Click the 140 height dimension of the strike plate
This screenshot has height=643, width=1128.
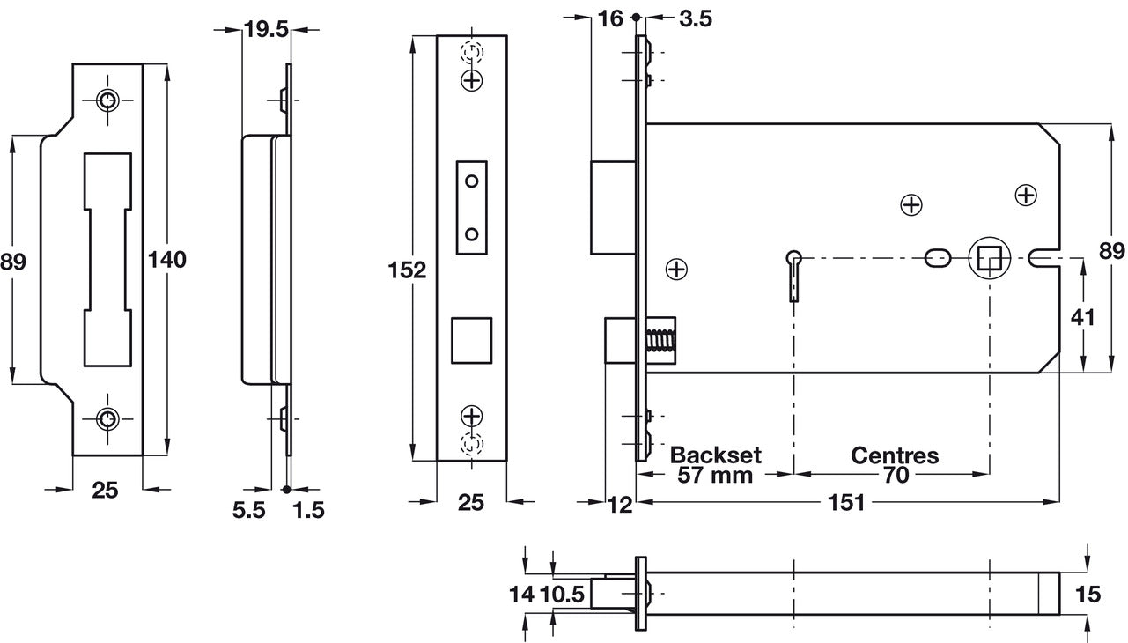click(x=166, y=260)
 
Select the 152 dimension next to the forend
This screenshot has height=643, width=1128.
click(x=407, y=270)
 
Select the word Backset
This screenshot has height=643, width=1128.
click(x=716, y=455)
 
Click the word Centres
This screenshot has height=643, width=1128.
click(x=894, y=455)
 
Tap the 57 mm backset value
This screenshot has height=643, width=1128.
click(x=716, y=476)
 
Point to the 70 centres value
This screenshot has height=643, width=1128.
click(x=894, y=476)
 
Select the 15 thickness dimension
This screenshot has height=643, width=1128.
click(x=1088, y=595)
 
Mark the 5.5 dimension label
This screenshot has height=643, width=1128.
click(x=249, y=512)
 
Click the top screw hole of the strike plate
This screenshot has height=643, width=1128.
click(x=107, y=101)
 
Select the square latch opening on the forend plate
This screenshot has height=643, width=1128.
click(x=471, y=339)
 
